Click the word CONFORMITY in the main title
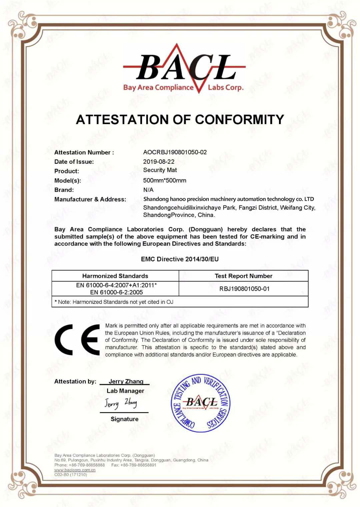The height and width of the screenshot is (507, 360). (239, 119)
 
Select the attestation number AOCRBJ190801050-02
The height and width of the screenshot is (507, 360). (175, 152)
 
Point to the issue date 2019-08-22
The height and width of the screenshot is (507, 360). (159, 161)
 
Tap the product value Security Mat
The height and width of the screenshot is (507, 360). (160, 170)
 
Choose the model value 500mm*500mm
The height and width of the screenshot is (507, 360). (165, 180)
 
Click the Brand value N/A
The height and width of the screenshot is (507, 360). (148, 190)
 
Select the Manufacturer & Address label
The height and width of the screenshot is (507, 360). (90, 199)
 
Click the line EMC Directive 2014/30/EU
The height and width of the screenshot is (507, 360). (180, 259)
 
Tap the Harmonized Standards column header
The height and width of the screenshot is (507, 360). (115, 276)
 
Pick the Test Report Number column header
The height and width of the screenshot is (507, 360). (243, 276)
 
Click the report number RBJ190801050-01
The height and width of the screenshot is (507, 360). (244, 289)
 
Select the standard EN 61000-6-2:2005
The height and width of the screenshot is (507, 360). (116, 292)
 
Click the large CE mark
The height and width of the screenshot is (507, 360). (77, 340)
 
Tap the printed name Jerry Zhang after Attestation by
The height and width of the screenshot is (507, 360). (126, 381)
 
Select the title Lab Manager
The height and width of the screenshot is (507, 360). (125, 391)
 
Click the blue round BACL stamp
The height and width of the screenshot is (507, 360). (201, 403)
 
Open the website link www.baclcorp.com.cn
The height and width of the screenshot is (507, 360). (75, 470)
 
